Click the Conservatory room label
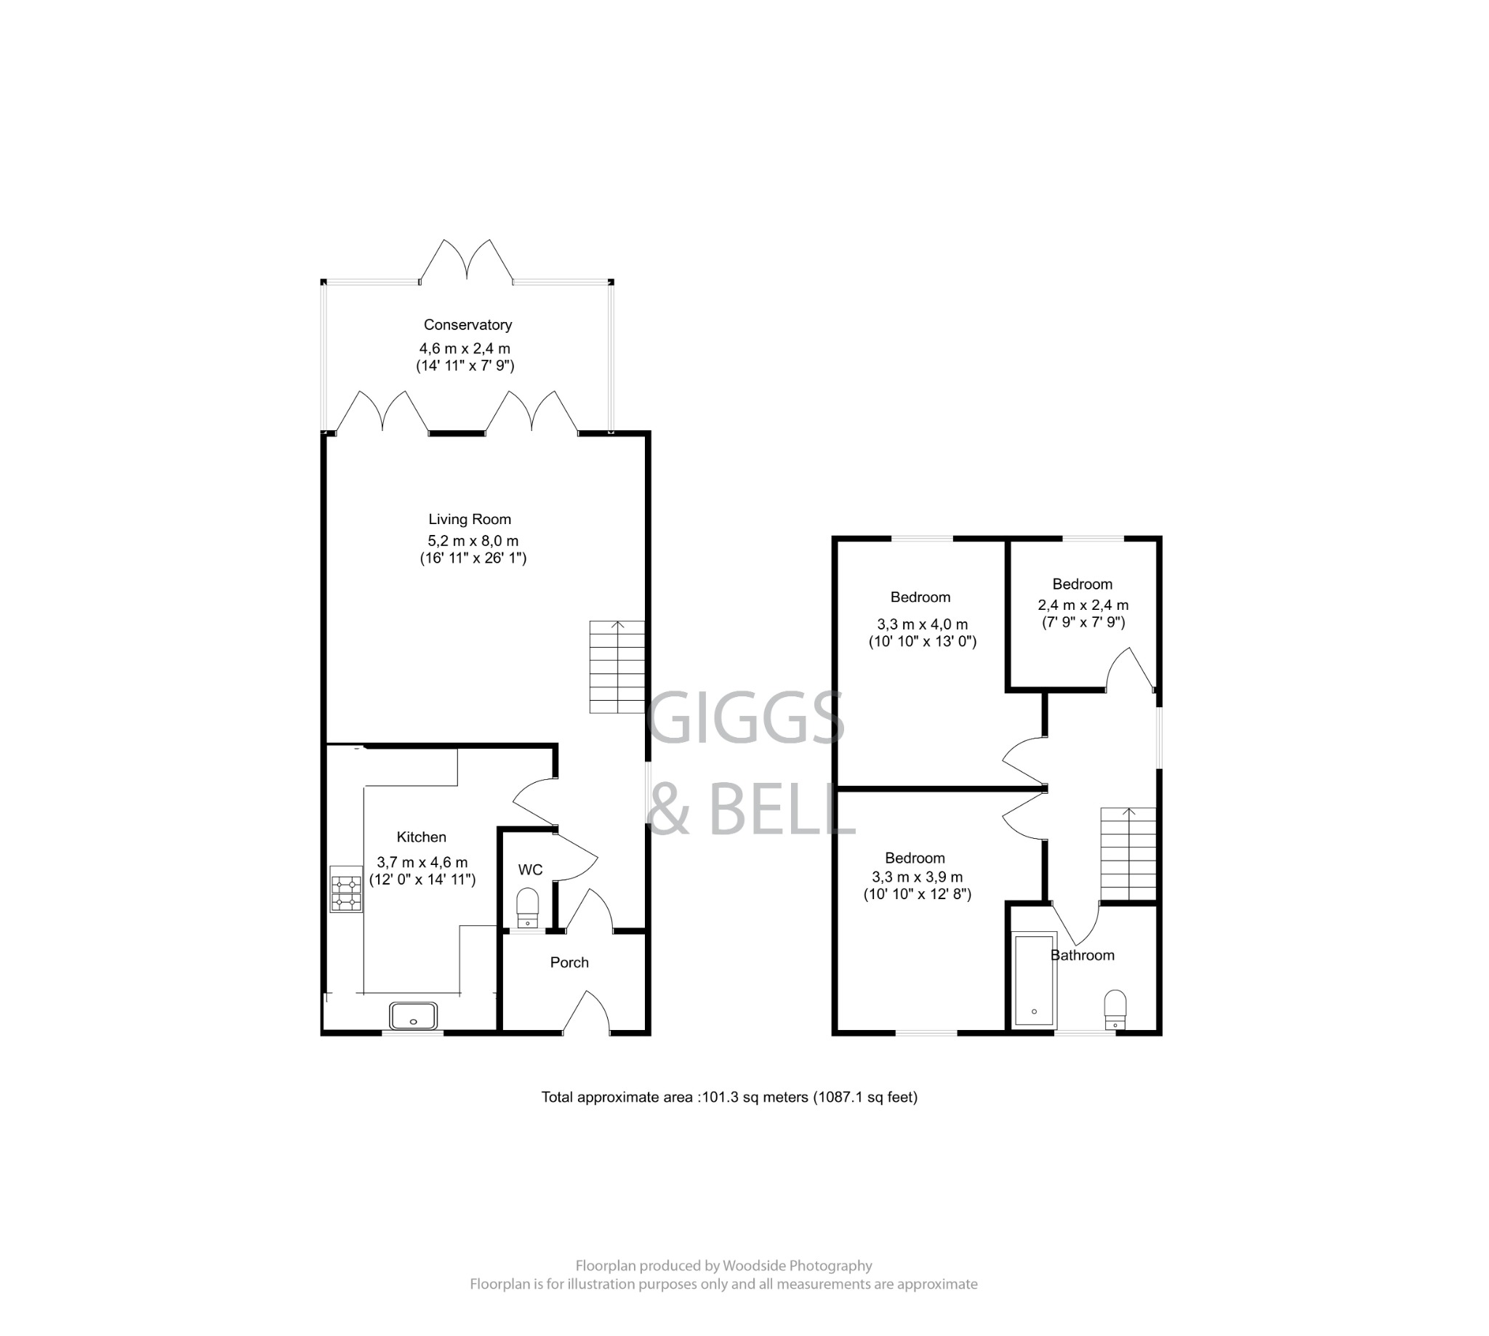pos(467,324)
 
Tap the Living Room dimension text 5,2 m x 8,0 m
pos(473,541)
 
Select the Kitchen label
pos(421,837)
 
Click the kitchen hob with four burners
pos(346,889)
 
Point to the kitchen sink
pos(414,1016)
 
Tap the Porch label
pos(569,962)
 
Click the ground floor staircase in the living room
pos(617,667)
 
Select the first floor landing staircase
pos(1127,854)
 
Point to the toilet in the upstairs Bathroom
pos(1115,1010)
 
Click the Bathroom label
pos(1083,955)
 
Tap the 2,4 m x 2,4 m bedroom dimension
pos(1083,605)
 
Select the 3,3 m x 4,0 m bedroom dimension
pos(921,624)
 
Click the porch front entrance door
pos(586,1013)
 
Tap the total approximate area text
pos(729,1097)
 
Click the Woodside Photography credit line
pos(723,1265)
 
